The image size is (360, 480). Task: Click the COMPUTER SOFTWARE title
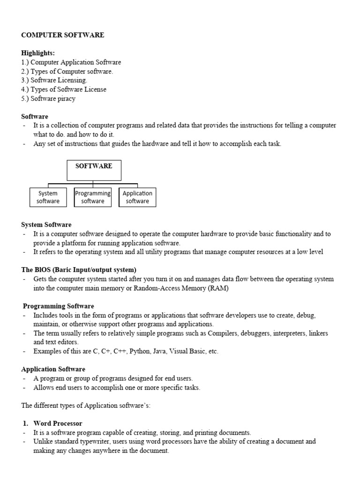point(63,35)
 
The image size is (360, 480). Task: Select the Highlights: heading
point(38,53)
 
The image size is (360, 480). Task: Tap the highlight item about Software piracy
point(48,98)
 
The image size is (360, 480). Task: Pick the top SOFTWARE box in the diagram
point(94,170)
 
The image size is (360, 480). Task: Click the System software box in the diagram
point(48,197)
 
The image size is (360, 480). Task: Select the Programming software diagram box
point(93,197)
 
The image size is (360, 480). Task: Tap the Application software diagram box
point(137,197)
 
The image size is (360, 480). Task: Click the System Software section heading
point(46,225)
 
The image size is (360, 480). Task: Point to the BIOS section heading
point(79,270)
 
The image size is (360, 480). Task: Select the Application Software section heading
point(53,369)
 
